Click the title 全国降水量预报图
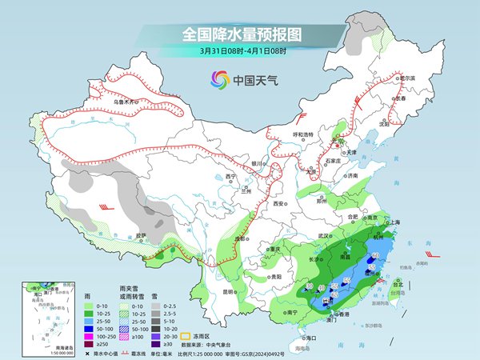coord(239,34)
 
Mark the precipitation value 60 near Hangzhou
coord(375,254)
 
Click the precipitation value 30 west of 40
coord(309,286)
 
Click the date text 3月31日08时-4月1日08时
coord(239,50)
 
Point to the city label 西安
coord(278,204)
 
